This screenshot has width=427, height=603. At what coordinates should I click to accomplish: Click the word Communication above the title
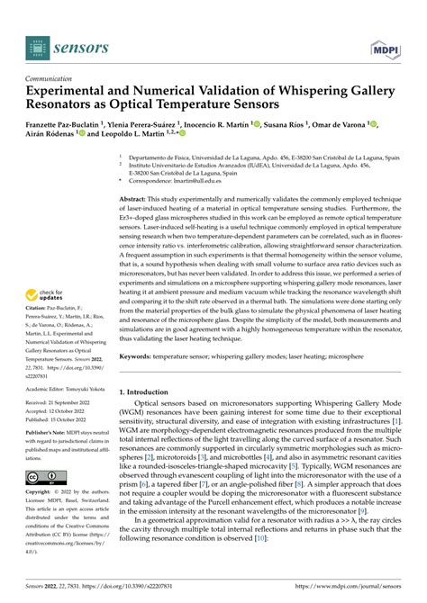56,78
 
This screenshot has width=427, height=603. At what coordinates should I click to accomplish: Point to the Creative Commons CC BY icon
46,475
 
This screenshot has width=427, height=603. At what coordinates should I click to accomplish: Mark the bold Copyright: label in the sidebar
43,493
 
